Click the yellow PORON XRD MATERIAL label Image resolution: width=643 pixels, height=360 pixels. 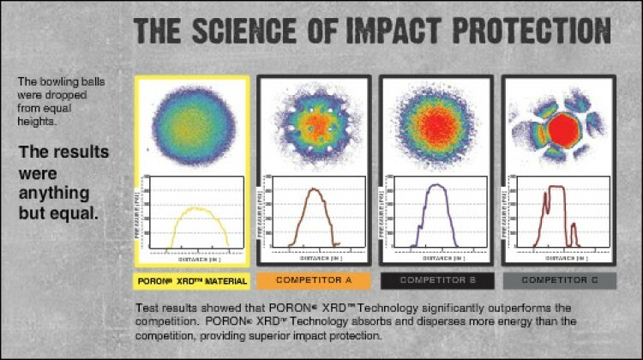pyautogui.click(x=193, y=280)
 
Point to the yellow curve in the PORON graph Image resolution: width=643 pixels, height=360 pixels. pyautogui.click(x=196, y=209)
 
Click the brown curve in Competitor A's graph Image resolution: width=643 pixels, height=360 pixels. pyautogui.click(x=315, y=190)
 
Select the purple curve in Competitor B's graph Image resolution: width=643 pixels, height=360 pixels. pyautogui.click(x=437, y=186)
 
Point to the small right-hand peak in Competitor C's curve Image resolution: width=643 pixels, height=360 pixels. pyautogui.click(x=574, y=231)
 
